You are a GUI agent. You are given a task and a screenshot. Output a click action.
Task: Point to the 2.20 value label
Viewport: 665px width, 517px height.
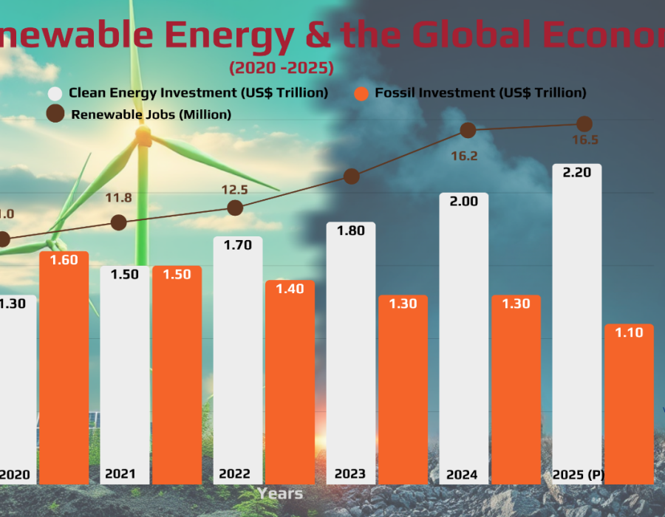[577, 173]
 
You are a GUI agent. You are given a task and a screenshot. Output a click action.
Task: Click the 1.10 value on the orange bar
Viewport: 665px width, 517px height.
[630, 332]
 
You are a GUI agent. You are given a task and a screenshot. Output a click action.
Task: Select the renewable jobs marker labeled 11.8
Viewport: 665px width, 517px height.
[118, 222]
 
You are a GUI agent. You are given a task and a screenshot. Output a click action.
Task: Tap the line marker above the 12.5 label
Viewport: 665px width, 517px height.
[235, 208]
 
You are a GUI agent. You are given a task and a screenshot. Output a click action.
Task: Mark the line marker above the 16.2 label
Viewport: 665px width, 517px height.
[468, 130]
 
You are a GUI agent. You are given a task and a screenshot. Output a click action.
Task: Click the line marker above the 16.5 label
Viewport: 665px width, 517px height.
[584, 123]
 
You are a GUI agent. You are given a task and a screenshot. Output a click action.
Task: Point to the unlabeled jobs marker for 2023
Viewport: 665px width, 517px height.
[352, 176]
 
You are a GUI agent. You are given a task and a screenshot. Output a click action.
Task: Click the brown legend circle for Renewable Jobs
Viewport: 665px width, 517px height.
[55, 114]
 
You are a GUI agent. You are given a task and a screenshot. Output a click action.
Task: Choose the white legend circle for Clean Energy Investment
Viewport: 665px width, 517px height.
[55, 94]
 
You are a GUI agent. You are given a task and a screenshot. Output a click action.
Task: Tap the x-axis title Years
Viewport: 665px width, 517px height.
[280, 492]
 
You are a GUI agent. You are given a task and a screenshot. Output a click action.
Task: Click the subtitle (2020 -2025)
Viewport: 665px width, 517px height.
[281, 68]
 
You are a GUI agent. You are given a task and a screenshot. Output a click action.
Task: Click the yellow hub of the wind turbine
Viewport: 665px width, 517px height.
[143, 136]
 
